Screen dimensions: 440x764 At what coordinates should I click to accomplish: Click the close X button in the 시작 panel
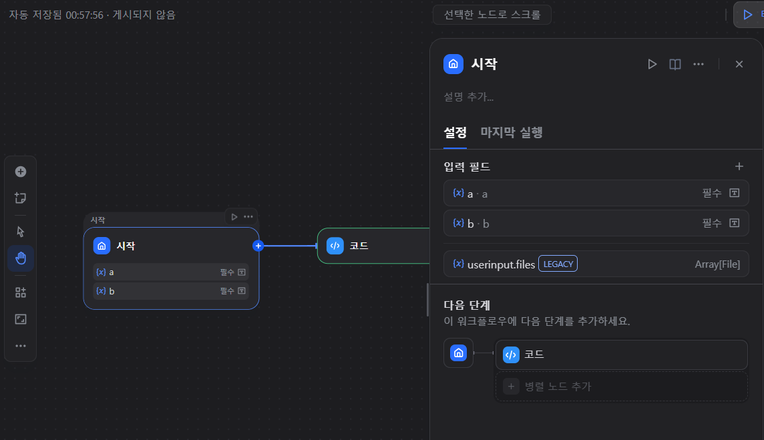pyautogui.click(x=739, y=64)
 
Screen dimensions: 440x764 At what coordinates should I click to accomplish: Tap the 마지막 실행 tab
pyautogui.click(x=512, y=132)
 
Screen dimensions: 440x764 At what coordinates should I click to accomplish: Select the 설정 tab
pyautogui.click(x=455, y=132)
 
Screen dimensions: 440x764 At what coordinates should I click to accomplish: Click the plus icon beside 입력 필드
pyautogui.click(x=739, y=166)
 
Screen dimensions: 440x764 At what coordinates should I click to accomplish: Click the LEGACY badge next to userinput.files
pyautogui.click(x=558, y=264)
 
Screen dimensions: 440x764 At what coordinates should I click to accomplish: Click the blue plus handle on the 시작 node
pyautogui.click(x=258, y=246)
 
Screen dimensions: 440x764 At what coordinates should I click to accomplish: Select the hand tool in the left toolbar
pyautogui.click(x=21, y=258)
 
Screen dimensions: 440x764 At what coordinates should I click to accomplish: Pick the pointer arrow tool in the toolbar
pyautogui.click(x=21, y=231)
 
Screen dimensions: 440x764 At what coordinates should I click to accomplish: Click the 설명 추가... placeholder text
pyautogui.click(x=469, y=97)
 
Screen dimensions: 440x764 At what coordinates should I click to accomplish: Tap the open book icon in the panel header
pyautogui.click(x=675, y=64)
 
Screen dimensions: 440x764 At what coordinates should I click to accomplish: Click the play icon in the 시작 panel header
pyautogui.click(x=652, y=64)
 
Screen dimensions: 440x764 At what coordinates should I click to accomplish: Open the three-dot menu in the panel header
pyautogui.click(x=699, y=64)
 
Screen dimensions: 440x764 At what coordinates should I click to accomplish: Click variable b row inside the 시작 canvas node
pyautogui.click(x=170, y=291)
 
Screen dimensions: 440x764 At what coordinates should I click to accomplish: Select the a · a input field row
pyautogui.click(x=596, y=194)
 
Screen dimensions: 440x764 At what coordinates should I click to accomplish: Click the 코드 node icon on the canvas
pyautogui.click(x=335, y=246)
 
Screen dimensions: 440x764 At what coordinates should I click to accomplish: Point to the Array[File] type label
pyautogui.click(x=717, y=264)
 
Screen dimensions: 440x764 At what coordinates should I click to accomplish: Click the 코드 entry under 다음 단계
pyautogui.click(x=621, y=355)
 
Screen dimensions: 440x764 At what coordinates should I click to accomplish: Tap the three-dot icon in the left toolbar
pyautogui.click(x=21, y=346)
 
